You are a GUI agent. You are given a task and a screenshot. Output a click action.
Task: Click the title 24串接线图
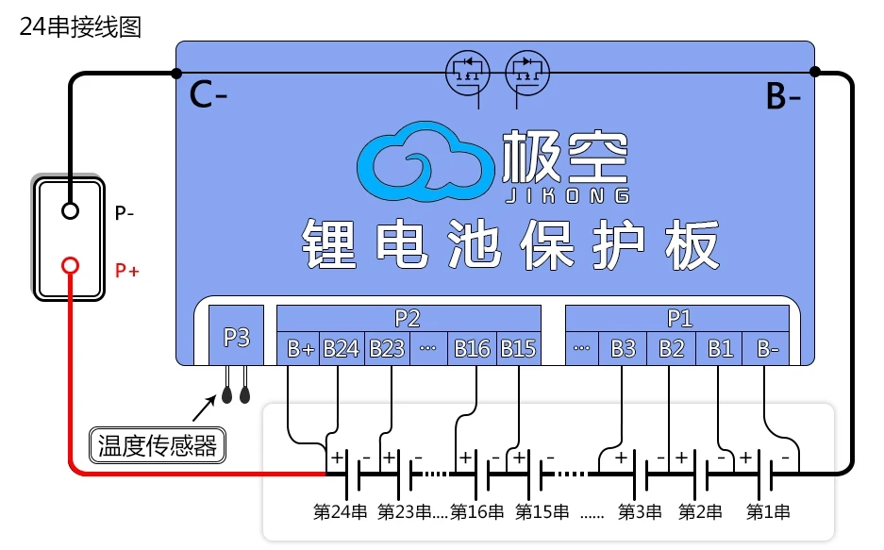coord(80,27)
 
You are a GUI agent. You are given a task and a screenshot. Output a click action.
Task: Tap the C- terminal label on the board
coord(208,94)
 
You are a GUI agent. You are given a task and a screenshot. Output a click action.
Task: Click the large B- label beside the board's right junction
coord(783,95)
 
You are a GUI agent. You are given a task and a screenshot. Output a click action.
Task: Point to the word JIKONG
coord(567,195)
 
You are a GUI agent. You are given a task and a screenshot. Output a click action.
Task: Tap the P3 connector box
coord(236,336)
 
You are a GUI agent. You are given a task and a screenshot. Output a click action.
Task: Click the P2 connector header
coord(409,318)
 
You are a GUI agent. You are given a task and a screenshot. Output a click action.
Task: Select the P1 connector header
coord(677,318)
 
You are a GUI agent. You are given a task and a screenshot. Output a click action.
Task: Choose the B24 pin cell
coord(342,349)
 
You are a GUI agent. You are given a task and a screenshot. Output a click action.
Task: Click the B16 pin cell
coord(472,349)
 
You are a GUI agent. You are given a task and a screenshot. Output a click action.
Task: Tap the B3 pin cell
coord(623,349)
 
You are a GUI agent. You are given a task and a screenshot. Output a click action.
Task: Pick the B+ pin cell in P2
coord(299,349)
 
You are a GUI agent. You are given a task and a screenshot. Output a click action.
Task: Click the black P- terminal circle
coord(70,210)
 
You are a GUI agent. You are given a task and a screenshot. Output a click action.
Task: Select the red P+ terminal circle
coord(70,265)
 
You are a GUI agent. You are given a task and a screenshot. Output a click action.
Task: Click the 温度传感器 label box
coord(158,445)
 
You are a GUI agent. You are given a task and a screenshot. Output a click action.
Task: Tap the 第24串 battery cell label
coord(340,511)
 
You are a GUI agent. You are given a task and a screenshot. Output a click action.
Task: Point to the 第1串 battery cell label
coord(768,511)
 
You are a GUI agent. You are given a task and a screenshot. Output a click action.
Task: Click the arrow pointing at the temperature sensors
coord(204,408)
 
